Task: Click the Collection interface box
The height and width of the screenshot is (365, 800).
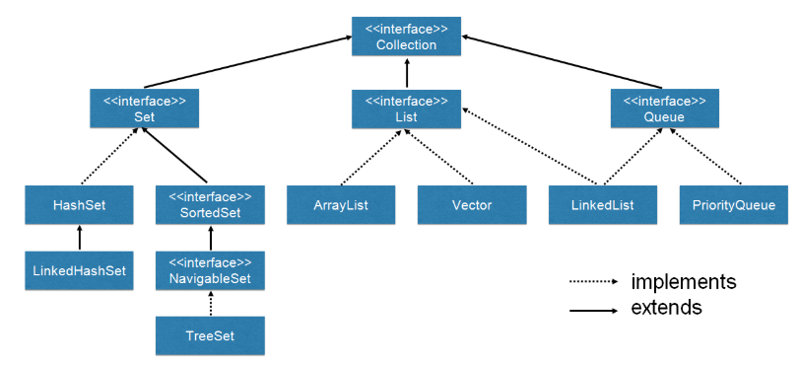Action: coord(406,36)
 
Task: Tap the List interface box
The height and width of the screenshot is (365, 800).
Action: coord(406,108)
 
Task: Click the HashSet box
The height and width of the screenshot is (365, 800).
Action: coord(80,205)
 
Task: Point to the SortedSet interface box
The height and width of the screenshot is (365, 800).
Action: coord(210,205)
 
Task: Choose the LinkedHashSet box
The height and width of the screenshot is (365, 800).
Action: coord(80,269)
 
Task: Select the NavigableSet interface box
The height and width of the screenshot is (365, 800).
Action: coord(210,269)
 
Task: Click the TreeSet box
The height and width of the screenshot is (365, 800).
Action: coord(210,335)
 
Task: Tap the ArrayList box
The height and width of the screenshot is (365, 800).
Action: coord(341,205)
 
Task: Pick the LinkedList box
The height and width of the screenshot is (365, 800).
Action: coord(604,205)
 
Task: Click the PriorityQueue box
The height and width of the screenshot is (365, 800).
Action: coord(734,205)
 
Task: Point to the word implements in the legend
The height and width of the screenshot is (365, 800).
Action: coord(683,282)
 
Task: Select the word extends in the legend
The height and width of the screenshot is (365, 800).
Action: coord(666,308)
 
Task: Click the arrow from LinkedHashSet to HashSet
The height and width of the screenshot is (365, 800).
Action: coord(80,237)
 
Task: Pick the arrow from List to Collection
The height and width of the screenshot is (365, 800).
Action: coord(406,72)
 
